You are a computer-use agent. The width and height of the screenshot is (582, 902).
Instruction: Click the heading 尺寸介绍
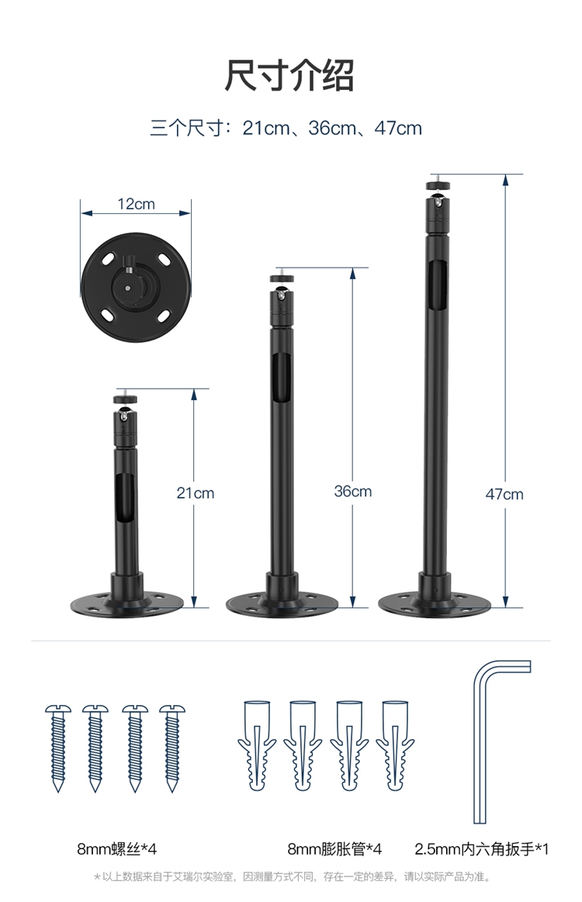(289, 75)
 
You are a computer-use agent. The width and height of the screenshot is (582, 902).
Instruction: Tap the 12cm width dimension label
(136, 204)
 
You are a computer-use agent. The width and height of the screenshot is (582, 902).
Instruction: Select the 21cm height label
(195, 493)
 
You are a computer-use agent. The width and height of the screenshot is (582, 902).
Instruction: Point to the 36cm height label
(353, 491)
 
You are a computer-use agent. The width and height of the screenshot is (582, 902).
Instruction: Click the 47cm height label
(504, 494)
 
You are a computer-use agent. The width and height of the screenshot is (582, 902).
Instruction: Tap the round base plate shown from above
(136, 286)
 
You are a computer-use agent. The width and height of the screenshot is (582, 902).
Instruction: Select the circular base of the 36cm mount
(282, 604)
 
